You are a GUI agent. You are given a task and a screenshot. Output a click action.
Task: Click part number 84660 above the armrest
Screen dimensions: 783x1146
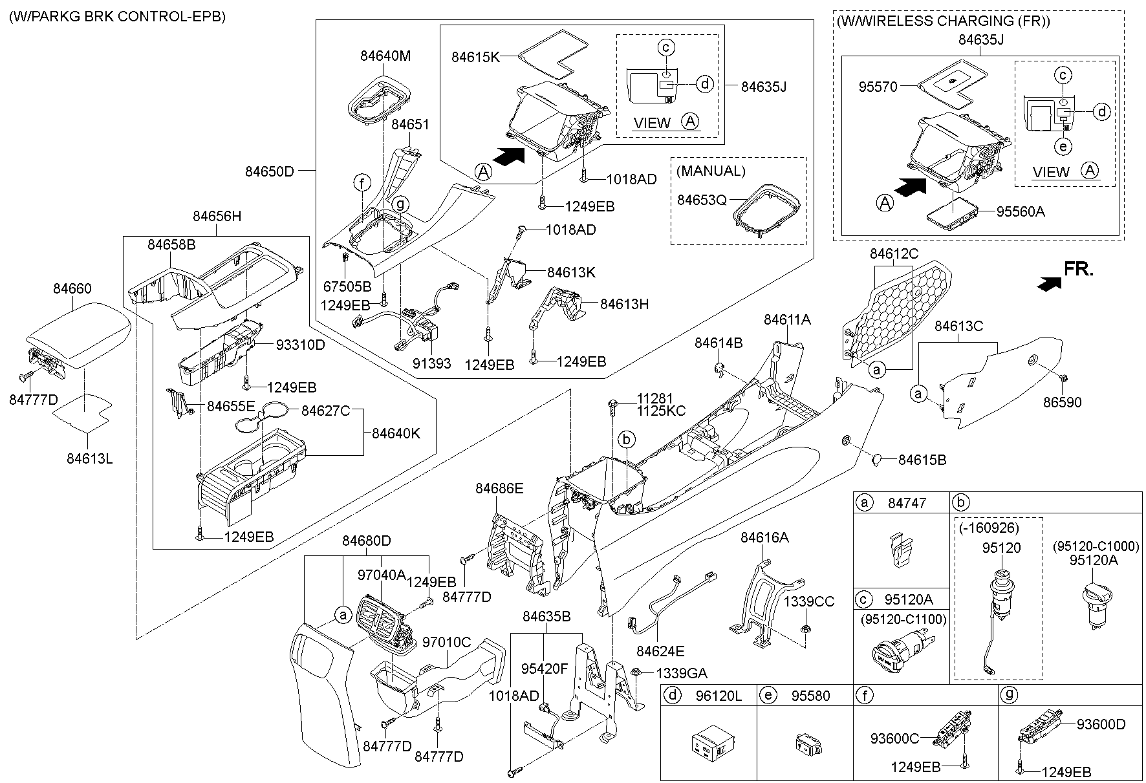[72, 289]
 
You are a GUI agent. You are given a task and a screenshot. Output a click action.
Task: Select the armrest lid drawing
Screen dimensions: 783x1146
[78, 339]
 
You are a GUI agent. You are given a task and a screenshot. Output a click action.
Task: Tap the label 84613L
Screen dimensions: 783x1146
[89, 458]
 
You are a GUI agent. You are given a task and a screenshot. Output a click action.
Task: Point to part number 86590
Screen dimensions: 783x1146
[1062, 402]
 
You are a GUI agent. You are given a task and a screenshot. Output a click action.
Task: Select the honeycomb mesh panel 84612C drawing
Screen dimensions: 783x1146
[899, 310]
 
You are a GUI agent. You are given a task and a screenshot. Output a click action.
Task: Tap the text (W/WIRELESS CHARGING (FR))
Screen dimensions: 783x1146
[944, 21]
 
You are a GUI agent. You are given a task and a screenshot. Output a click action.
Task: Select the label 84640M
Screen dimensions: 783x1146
[385, 56]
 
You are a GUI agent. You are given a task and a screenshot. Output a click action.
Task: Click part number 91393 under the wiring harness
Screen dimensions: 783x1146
[431, 364]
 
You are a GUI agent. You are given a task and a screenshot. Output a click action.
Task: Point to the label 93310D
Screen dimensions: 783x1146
[300, 345]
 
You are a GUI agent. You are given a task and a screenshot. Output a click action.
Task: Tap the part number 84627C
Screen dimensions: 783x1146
[326, 411]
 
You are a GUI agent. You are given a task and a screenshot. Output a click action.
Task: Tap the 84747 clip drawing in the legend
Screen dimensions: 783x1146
[901, 550]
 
